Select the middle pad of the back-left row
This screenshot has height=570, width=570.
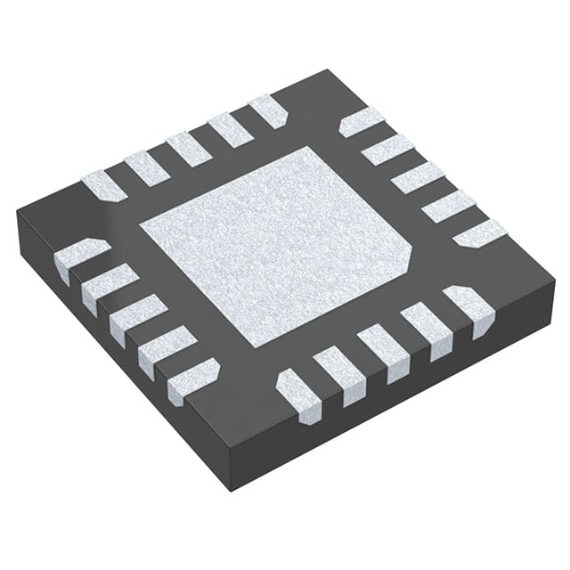(x=188, y=149)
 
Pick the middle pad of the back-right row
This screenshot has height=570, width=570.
(x=417, y=177)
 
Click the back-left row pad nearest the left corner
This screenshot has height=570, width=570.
(x=104, y=185)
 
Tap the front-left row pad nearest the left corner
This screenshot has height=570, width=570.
(x=81, y=259)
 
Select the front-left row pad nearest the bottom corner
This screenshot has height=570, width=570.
(x=193, y=378)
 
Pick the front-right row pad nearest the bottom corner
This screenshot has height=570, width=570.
(x=297, y=392)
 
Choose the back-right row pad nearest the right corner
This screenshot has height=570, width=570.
(x=480, y=233)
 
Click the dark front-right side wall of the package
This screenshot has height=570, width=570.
(x=401, y=401)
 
